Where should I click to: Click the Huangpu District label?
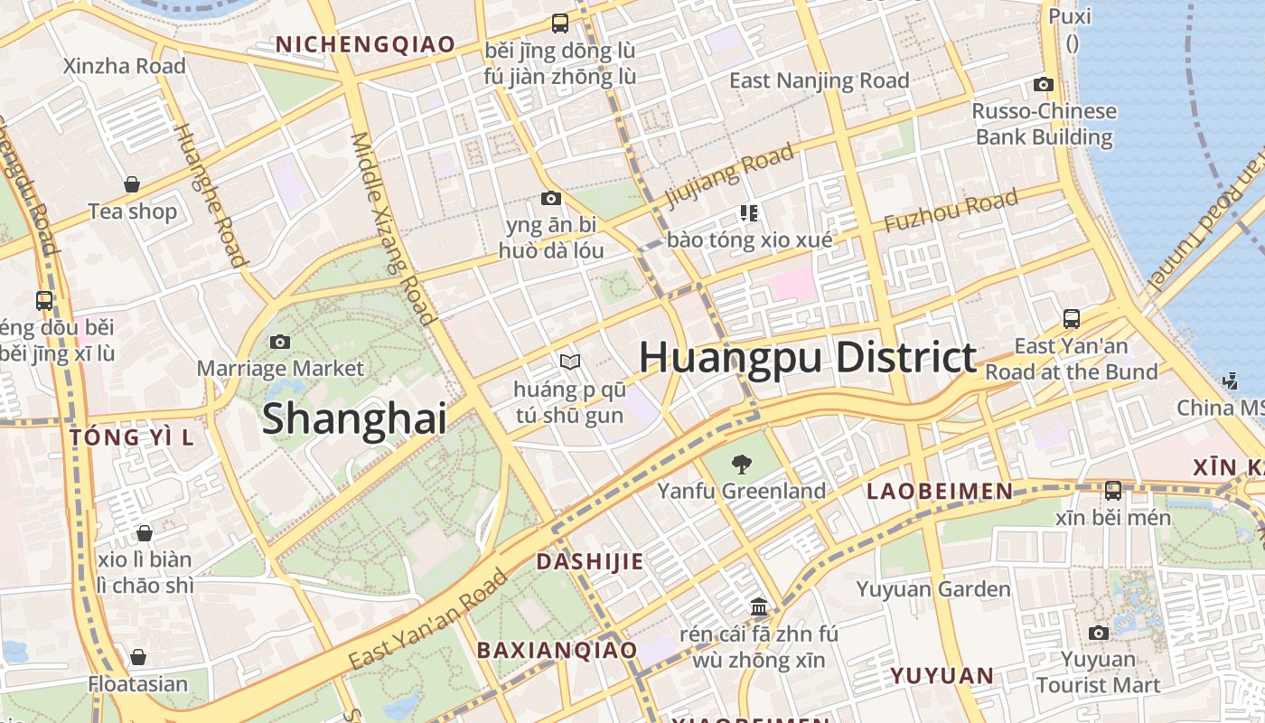tap(808, 358)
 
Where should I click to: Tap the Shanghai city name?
tap(354, 419)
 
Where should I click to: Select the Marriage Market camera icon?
tap(280, 342)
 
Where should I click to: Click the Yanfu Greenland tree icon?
tap(741, 465)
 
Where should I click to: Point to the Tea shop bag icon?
tap(132, 184)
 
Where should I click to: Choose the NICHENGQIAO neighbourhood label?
tap(365, 44)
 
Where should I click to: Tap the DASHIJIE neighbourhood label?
tap(590, 561)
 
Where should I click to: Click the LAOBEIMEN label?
tap(940, 491)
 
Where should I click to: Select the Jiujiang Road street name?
tap(730, 175)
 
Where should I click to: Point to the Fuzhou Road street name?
tap(951, 210)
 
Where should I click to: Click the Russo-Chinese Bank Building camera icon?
tap(1044, 85)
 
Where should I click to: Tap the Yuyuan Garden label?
tap(933, 589)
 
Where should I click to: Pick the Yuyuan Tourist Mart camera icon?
tap(1098, 633)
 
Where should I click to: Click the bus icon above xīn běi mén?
tap(1113, 491)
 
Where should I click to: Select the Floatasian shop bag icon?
tap(138, 657)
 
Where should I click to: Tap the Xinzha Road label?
tap(125, 66)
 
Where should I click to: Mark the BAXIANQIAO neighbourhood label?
tap(557, 650)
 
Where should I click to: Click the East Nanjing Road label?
tap(819, 80)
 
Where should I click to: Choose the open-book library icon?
tap(569, 362)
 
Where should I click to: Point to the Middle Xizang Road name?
tap(393, 228)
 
